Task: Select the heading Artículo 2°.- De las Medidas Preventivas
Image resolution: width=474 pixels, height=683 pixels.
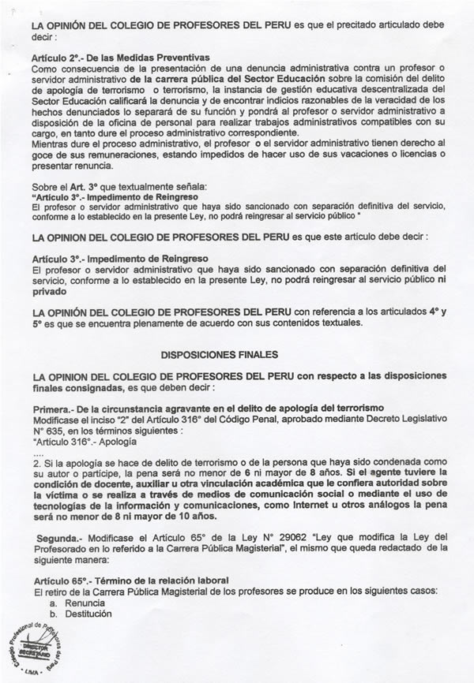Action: (119, 58)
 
